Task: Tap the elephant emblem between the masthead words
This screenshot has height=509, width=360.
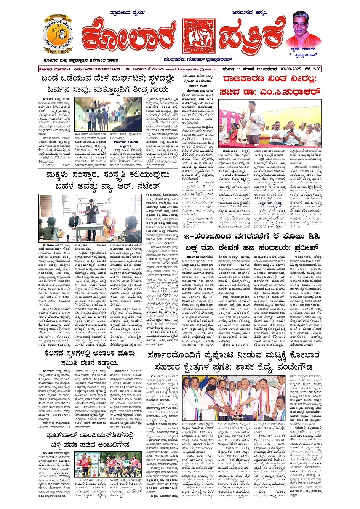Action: point(198,37)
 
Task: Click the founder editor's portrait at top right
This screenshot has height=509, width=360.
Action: point(303,30)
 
